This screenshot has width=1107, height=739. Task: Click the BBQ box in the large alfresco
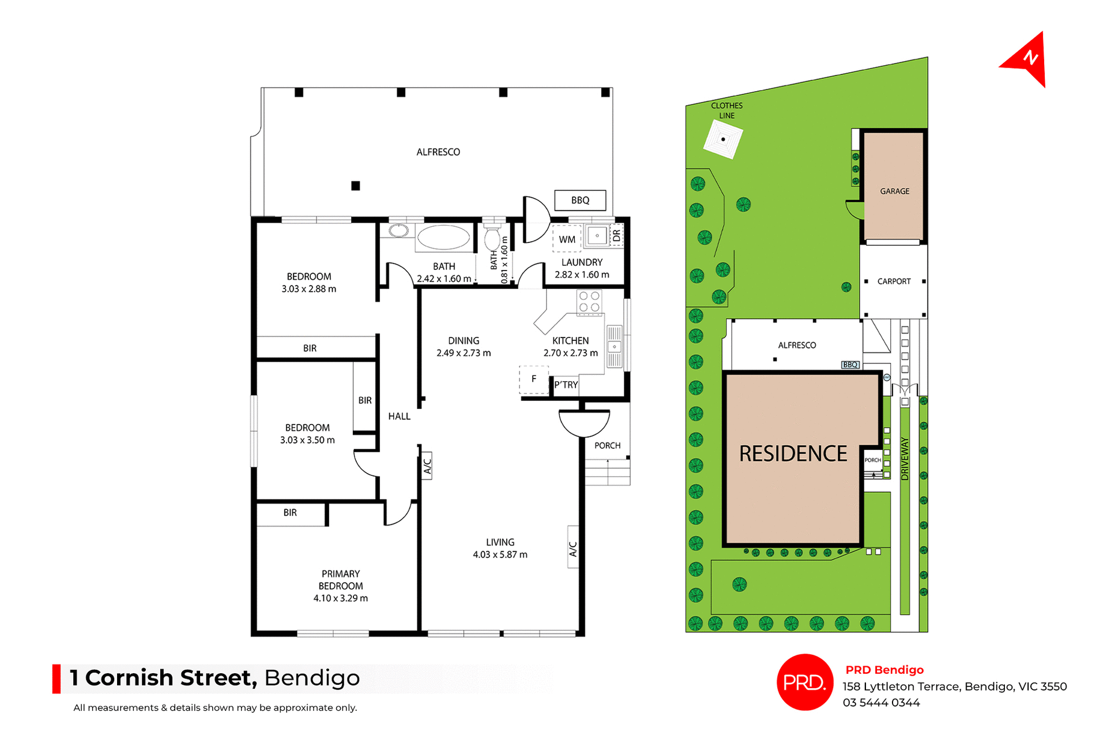coord(580,200)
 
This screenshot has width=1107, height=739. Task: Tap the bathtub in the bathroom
coord(443,237)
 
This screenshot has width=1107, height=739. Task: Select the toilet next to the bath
coord(492,238)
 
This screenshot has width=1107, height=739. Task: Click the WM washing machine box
coord(567,239)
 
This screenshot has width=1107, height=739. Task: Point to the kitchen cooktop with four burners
coord(589,302)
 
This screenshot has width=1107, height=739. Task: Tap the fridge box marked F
coord(534,379)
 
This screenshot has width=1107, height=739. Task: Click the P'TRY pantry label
coord(566,385)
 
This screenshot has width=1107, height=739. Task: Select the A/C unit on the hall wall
coord(427,465)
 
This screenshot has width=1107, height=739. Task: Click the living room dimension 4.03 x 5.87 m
coord(500,554)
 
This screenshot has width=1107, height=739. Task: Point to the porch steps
coord(607,472)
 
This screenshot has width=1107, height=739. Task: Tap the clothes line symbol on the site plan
coord(723,140)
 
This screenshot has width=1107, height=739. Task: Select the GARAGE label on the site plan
coord(894,191)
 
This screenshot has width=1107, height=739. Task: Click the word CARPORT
coord(894,282)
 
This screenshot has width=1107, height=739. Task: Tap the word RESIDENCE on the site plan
coord(793,453)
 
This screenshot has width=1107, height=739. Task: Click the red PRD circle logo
coord(804,682)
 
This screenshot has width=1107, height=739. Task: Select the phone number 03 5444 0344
coord(881,703)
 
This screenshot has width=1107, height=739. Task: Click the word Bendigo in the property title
coord(312,678)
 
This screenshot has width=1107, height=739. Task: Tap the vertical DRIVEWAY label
coord(905,459)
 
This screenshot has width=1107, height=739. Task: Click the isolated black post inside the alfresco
coord(356,186)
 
